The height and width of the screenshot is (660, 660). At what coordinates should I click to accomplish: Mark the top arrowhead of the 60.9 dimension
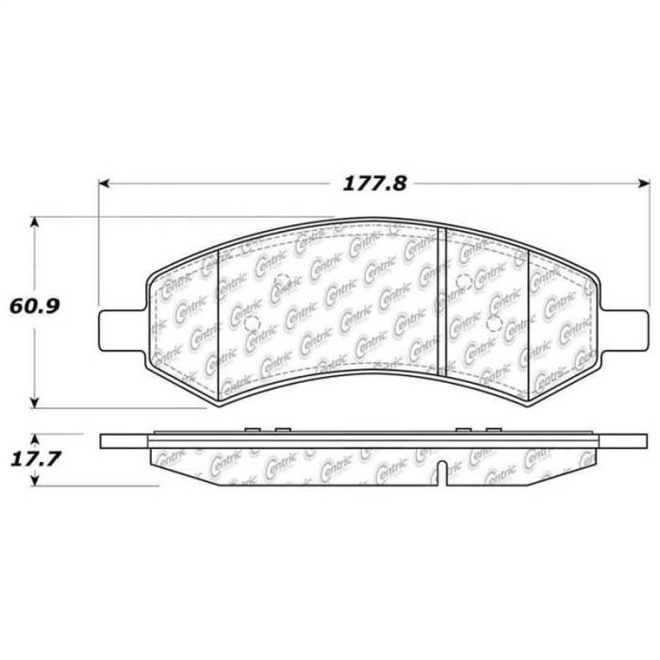click(36, 223)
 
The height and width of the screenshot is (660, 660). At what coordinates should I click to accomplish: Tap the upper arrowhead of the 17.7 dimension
click(36, 439)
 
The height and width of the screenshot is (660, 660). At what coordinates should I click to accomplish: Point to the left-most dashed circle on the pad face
click(251, 322)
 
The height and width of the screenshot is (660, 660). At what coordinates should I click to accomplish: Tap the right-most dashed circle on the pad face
click(492, 322)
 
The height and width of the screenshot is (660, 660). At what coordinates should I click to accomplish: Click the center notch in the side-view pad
click(443, 469)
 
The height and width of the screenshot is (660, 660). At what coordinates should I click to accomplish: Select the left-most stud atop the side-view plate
click(250, 430)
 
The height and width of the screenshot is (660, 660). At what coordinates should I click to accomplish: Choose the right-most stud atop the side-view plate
click(492, 430)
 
